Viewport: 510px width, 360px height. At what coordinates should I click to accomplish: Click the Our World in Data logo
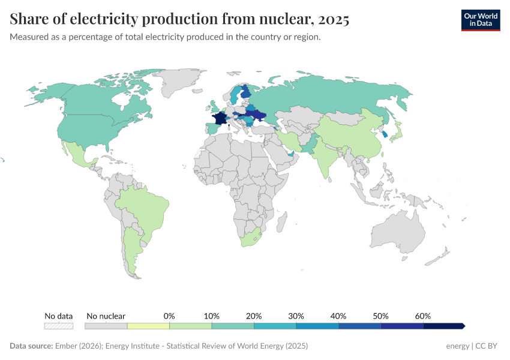[x=480, y=19]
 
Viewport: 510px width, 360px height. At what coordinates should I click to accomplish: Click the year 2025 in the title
[x=334, y=19]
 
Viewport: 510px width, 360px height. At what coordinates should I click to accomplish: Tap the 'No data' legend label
[x=59, y=316]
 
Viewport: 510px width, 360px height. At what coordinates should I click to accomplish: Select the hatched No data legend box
[x=59, y=326]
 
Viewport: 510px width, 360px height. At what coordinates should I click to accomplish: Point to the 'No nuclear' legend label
[x=106, y=316]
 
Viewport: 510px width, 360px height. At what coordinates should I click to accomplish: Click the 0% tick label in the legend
[x=169, y=316]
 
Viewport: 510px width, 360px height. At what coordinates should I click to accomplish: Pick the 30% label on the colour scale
[x=296, y=316]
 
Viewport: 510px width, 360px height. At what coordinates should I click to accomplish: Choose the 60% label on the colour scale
[x=423, y=316]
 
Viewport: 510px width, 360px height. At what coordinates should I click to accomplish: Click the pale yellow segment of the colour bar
[x=148, y=326]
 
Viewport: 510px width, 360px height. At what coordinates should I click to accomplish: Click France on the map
[x=220, y=118]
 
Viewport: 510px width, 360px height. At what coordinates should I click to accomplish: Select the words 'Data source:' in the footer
[x=31, y=346]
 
